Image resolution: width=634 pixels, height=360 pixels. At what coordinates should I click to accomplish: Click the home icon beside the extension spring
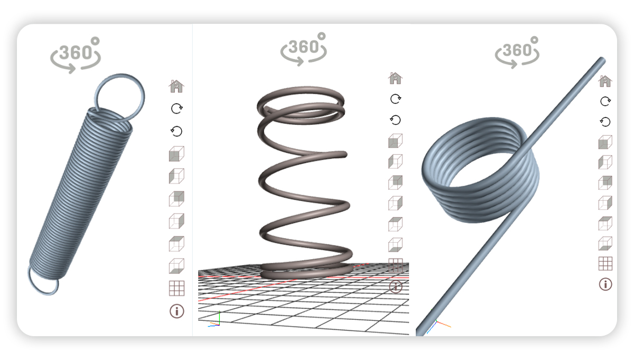pyautogui.click(x=176, y=86)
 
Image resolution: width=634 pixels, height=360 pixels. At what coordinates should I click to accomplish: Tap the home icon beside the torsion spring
pyautogui.click(x=605, y=81)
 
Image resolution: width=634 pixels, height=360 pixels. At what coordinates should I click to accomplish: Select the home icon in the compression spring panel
pyautogui.click(x=395, y=78)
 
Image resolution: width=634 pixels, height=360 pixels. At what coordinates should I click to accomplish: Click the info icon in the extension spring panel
pyautogui.click(x=176, y=311)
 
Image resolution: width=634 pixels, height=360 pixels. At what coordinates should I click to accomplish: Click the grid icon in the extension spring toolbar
pyautogui.click(x=176, y=288)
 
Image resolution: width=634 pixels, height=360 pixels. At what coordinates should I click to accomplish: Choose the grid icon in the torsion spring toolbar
pyautogui.click(x=605, y=263)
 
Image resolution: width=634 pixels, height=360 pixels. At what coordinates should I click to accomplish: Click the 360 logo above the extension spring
pyautogui.click(x=76, y=53)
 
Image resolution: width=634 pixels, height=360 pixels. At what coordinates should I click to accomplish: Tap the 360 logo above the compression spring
pyautogui.click(x=304, y=49)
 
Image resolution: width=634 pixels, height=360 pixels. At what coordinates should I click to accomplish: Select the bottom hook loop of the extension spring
pyautogui.click(x=42, y=283)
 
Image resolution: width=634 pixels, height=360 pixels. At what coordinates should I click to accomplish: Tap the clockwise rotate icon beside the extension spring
pyautogui.click(x=176, y=108)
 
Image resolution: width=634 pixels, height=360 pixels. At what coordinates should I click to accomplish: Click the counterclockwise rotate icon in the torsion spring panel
pyautogui.click(x=605, y=122)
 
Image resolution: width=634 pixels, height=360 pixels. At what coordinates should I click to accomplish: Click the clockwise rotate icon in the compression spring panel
pyautogui.click(x=395, y=99)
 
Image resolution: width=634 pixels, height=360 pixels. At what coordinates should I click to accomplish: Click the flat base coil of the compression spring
pyautogui.click(x=306, y=272)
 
